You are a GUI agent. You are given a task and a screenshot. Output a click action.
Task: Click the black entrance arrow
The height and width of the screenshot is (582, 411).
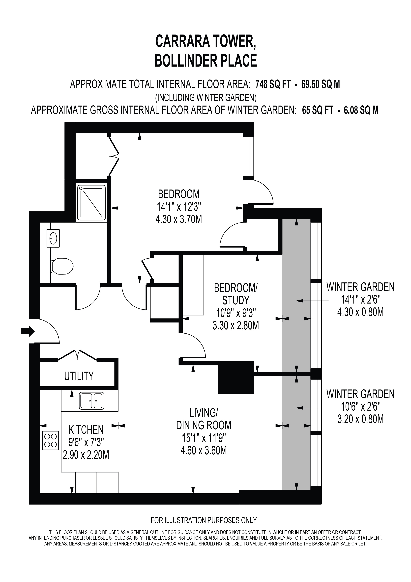tap(28, 331)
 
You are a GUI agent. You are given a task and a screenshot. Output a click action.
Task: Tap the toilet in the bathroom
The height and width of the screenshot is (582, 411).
tap(62, 266)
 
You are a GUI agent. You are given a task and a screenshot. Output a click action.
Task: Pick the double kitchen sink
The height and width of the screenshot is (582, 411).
tap(92, 401)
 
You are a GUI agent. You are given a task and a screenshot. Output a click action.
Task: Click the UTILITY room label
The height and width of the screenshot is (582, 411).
tap(79, 376)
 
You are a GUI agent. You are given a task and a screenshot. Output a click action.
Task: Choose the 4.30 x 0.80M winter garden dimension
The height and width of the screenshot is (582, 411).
tap(360, 312)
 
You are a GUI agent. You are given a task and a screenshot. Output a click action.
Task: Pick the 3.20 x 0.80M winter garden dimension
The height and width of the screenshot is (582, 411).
tap(360, 419)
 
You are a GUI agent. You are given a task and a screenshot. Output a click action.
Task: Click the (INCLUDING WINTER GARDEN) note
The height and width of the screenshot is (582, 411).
tap(206, 97)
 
